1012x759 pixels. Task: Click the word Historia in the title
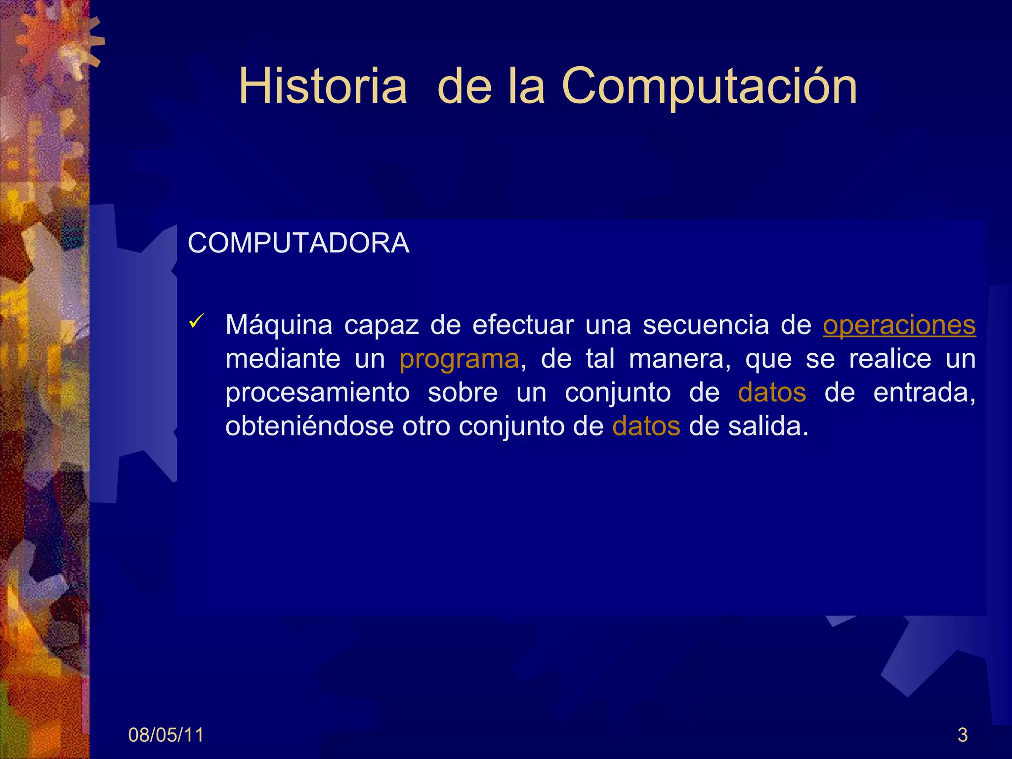323,86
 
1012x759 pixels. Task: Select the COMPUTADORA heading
298,243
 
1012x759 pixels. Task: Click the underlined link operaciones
899,326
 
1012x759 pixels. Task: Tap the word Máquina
279,326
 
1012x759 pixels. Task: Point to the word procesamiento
317,393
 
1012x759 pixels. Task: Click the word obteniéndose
309,426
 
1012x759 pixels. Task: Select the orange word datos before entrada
772,393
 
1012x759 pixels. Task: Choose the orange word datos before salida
646,426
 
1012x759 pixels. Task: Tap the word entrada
924,393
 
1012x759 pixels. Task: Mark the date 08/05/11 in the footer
166,735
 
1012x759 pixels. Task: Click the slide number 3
962,735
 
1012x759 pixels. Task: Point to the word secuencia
705,326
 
